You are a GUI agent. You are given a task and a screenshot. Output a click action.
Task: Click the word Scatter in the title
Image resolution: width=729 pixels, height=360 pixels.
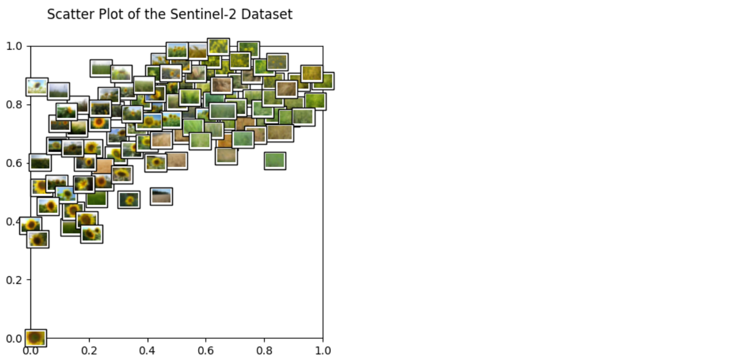[66, 15]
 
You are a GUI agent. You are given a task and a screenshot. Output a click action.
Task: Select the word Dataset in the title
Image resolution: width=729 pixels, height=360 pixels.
[268, 15]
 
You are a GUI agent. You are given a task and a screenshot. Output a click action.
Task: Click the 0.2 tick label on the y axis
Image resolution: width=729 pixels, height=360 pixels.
[15, 280]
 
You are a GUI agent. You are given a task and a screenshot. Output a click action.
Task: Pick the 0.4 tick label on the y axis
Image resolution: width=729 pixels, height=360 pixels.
[15, 222]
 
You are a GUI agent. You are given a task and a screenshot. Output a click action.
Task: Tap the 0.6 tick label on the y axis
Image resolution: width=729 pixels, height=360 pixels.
[15, 163]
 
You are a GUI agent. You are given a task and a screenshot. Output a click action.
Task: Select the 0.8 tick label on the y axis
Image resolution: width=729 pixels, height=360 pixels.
[15, 104]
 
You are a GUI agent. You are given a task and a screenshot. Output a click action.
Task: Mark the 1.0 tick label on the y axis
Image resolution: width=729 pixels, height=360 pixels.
[15, 46]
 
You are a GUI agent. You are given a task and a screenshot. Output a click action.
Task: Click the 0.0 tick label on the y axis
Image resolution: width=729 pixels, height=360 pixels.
[15, 338]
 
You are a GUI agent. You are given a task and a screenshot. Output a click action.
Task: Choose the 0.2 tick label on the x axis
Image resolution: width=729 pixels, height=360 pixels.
[89, 351]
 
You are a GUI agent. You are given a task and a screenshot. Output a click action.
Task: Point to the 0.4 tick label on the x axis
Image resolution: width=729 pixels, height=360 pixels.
[148, 351]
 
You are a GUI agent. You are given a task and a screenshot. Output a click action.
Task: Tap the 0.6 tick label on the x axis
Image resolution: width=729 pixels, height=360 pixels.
[206, 351]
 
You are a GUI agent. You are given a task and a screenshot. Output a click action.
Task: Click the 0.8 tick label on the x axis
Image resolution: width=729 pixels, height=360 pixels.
[264, 351]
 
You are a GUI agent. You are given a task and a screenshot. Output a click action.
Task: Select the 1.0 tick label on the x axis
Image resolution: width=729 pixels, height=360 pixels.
[323, 351]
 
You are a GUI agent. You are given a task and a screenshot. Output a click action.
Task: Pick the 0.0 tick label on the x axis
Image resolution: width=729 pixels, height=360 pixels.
[30, 351]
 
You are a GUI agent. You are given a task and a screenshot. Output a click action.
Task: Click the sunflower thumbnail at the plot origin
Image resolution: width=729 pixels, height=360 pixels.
[35, 338]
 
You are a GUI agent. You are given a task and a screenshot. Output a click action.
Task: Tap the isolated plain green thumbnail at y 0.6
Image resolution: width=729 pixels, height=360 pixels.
[275, 160]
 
